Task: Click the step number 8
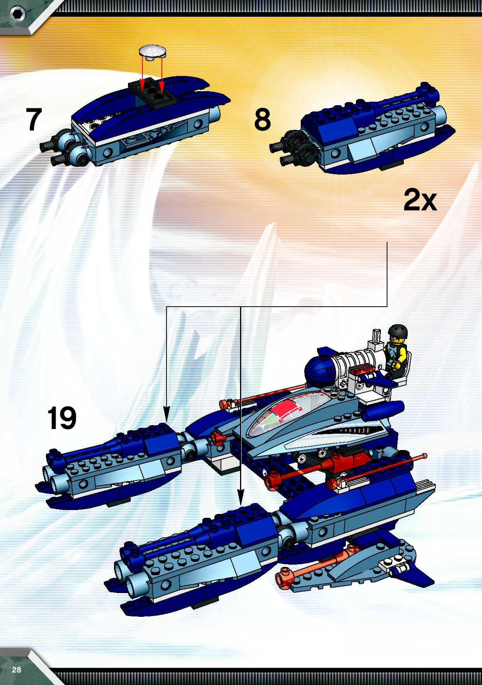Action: [262, 119]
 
